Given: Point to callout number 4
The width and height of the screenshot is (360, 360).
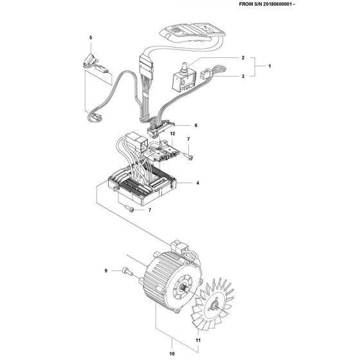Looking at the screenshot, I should click(x=197, y=183).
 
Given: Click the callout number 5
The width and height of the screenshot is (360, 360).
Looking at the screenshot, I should click(x=91, y=38).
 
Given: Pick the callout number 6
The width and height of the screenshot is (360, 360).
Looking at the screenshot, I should click(x=195, y=125).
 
